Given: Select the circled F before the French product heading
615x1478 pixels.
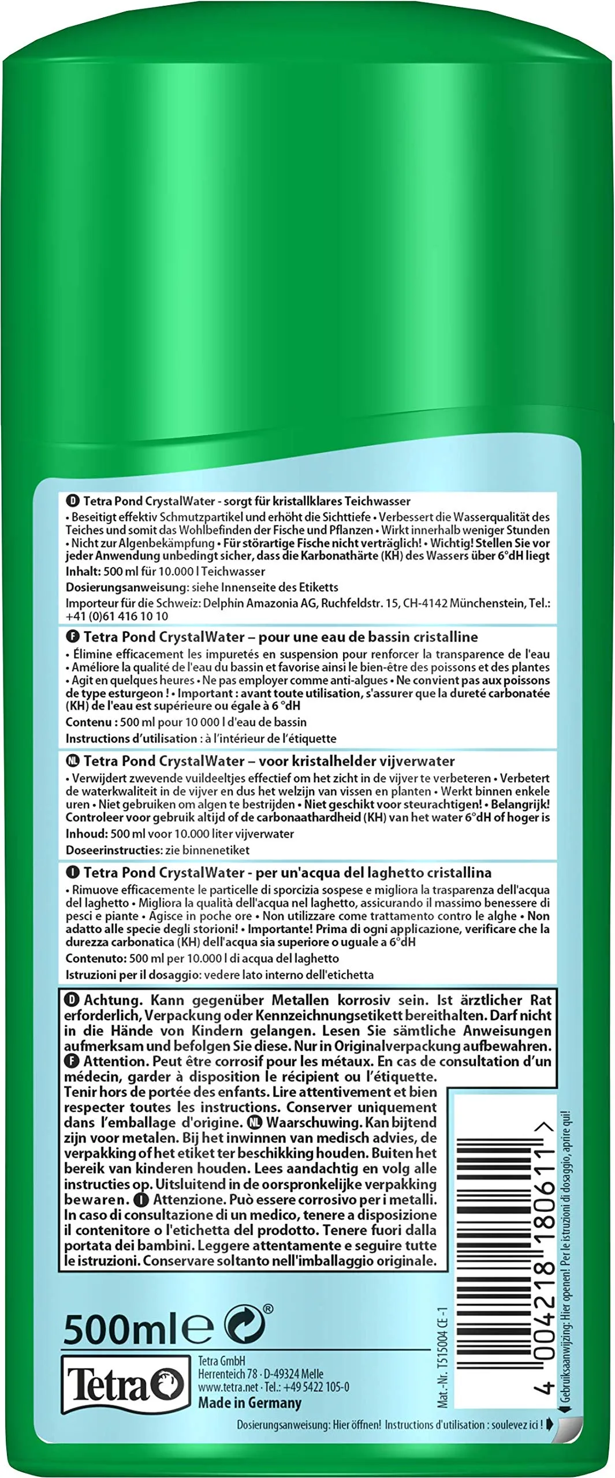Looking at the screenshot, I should [73, 637].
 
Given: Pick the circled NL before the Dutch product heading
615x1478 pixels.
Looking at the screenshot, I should [73, 762].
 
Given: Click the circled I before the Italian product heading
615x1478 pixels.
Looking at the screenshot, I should [73, 872].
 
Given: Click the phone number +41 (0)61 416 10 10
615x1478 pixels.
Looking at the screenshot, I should [117, 616].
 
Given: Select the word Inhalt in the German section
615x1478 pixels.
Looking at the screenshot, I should [81, 572].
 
